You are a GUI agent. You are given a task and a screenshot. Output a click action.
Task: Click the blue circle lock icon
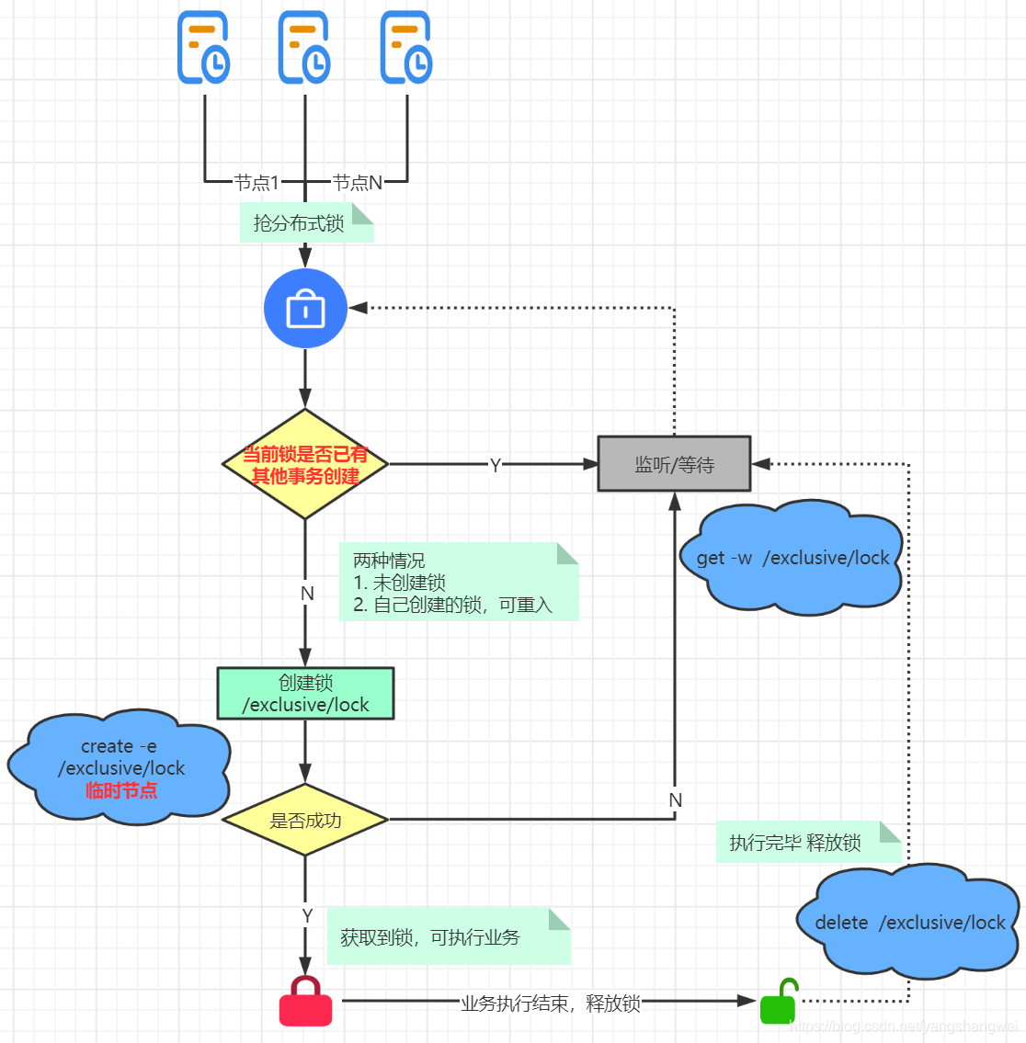click(305, 309)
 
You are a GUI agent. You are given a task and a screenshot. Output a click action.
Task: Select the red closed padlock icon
click(305, 1001)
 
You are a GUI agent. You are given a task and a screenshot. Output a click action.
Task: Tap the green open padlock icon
click(779, 1002)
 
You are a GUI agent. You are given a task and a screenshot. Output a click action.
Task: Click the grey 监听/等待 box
click(674, 464)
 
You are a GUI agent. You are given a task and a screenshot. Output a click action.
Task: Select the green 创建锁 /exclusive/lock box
click(305, 694)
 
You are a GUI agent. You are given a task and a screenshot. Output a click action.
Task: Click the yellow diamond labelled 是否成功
click(305, 820)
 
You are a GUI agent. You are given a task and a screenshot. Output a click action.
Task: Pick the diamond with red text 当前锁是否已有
click(305, 464)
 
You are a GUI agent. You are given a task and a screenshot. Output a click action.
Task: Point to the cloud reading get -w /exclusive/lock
click(792, 558)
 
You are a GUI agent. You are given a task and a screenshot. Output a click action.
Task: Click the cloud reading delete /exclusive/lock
click(910, 922)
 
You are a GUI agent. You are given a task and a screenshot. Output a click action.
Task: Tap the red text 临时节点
click(121, 790)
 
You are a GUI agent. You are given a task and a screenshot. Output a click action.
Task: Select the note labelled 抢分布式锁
click(300, 223)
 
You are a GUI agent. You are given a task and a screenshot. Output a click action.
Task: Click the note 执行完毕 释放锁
click(796, 843)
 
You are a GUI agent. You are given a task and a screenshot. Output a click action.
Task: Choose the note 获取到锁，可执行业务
click(430, 937)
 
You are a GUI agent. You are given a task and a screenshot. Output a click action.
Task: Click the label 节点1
click(256, 182)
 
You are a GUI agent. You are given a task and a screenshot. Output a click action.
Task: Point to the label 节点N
click(357, 182)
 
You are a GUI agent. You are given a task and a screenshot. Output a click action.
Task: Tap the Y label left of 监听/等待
click(496, 465)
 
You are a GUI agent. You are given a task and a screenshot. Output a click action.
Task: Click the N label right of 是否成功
click(676, 800)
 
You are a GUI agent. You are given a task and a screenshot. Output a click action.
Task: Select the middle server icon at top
click(305, 48)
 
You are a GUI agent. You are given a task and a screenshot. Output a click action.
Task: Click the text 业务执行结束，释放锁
click(550, 1003)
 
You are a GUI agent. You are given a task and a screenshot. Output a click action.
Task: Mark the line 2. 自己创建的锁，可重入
click(452, 605)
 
